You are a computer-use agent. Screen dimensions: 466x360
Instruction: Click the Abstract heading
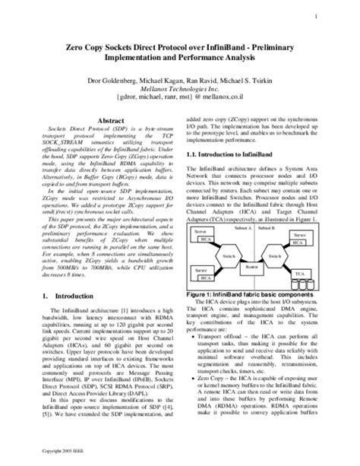(108, 121)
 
